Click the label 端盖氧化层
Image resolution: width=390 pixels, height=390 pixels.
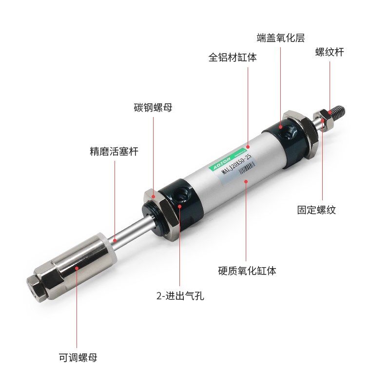(x=280, y=38)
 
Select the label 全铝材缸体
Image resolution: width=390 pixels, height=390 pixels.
(x=233, y=58)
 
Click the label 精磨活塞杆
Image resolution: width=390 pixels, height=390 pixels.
(x=114, y=152)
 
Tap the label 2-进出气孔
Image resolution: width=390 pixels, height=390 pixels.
(x=180, y=296)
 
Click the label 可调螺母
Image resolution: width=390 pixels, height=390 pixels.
(x=78, y=358)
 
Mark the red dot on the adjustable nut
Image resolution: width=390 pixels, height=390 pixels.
(x=77, y=267)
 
